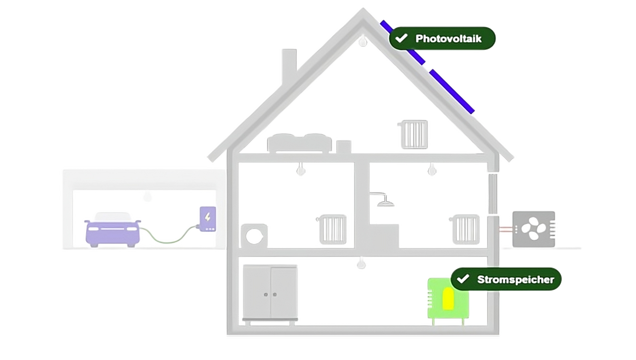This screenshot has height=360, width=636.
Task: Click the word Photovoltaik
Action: (448, 38)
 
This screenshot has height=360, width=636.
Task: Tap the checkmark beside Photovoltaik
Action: (401, 38)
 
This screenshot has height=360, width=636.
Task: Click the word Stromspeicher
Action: (515, 279)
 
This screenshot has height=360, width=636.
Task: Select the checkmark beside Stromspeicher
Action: (463, 279)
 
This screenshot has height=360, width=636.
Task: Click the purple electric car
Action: (113, 232)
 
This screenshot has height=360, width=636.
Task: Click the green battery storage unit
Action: (448, 300)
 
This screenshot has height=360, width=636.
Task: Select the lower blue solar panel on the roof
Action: (452, 91)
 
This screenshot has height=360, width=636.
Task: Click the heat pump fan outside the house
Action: (534, 229)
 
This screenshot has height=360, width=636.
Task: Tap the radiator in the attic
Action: (413, 134)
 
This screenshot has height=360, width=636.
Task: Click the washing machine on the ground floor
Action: (254, 235)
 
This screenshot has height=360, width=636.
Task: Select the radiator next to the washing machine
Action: (333, 229)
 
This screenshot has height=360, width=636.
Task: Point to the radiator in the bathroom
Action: (466, 229)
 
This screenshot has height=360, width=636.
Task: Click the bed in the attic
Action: (300, 143)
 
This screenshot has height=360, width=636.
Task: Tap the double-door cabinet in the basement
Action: (270, 292)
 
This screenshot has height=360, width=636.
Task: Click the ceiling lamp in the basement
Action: (362, 263)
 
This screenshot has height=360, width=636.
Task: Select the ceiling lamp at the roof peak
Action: (363, 41)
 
